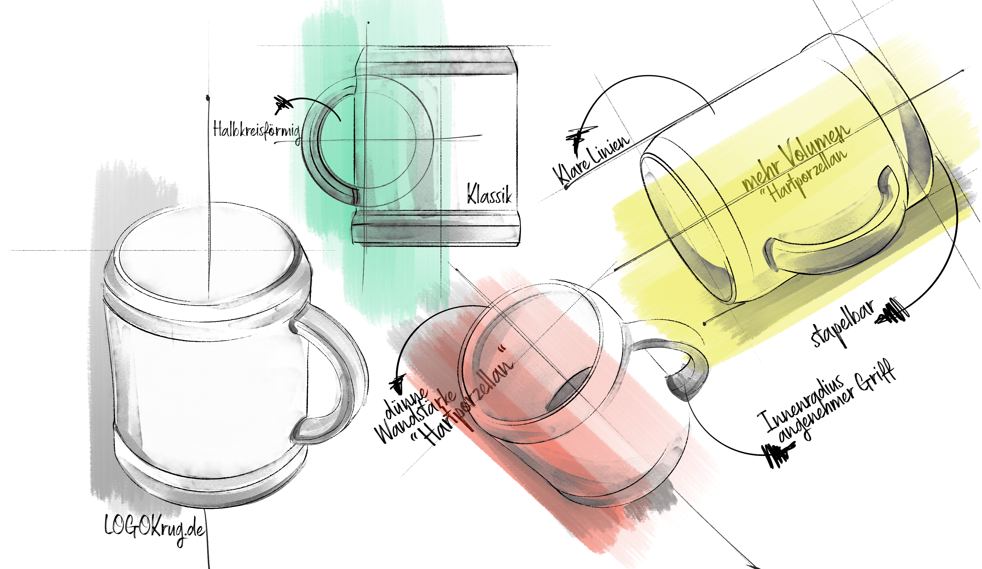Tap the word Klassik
click(x=489, y=193)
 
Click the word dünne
click(x=405, y=401)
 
